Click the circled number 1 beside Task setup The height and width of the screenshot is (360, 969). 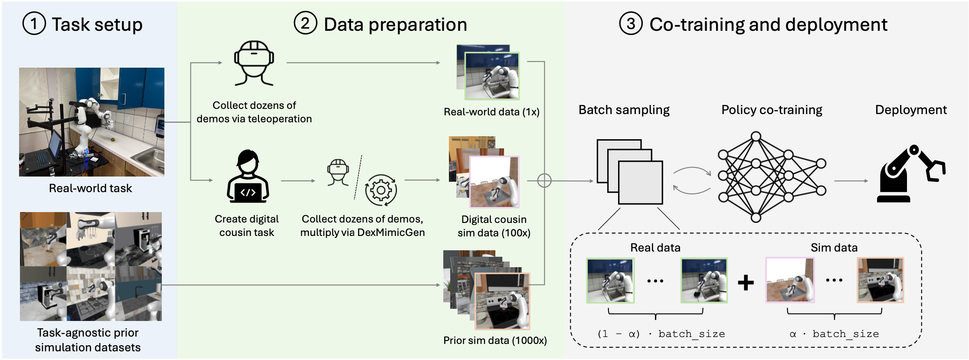[x=34, y=24]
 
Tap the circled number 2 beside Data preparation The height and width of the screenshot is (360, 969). [x=305, y=23]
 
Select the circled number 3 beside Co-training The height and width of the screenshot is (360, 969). [x=631, y=23]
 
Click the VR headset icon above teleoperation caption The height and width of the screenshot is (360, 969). [x=254, y=63]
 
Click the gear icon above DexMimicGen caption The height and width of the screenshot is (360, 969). [x=380, y=190]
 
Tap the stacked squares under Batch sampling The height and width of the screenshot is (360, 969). [x=629, y=172]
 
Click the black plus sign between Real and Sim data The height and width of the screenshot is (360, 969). [x=746, y=283]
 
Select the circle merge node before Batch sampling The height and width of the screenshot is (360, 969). [x=544, y=180]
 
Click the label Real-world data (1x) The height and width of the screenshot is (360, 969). [x=491, y=112]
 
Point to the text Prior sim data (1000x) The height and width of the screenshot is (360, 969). [x=495, y=340]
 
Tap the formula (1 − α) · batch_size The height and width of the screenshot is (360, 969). [x=661, y=334]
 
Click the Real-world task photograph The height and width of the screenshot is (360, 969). [x=92, y=122]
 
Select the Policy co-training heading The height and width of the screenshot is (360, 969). [x=772, y=110]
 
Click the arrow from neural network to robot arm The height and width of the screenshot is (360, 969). [x=851, y=181]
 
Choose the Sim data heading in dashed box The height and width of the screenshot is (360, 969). [x=834, y=248]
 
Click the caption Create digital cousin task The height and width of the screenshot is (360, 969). [x=246, y=226]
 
